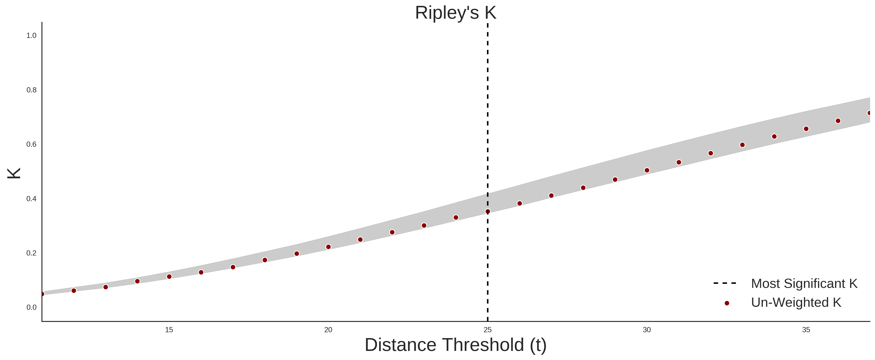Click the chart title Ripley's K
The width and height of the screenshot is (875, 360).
455,13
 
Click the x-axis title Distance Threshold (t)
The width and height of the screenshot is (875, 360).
455,345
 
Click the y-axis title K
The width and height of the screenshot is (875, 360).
14,173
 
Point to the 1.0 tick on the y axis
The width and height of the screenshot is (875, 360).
31,36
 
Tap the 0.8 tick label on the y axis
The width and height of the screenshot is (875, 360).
31,90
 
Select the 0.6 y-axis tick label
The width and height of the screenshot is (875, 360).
31,144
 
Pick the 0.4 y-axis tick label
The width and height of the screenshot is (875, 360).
31,199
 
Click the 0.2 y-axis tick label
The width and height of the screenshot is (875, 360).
31,253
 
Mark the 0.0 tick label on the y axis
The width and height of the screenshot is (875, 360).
31,307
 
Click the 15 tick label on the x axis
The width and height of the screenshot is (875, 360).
169,330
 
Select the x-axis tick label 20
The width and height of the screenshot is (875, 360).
328,330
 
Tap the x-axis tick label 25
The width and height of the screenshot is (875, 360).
487,330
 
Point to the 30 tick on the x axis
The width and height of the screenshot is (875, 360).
647,330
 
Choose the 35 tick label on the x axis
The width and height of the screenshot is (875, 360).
806,330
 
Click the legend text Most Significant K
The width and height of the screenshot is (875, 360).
804,284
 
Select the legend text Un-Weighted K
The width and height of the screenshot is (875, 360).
796,302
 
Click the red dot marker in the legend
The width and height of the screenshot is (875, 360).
726,303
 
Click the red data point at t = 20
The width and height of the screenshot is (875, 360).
328,247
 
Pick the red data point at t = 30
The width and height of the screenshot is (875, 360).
647,171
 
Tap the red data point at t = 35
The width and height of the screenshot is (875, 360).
806,129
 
